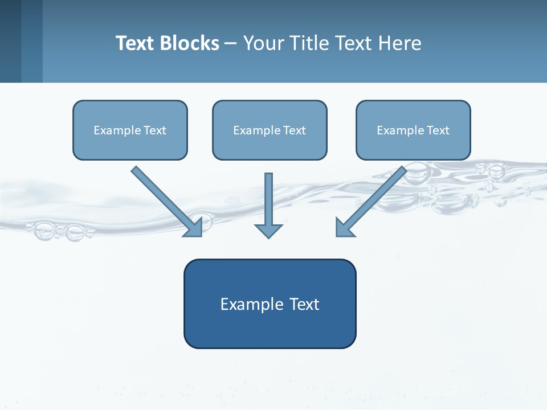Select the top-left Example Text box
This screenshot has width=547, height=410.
(130, 130)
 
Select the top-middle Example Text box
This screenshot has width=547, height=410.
(270, 130)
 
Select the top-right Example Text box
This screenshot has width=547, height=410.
(413, 130)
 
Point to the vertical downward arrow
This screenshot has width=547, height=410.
(268, 199)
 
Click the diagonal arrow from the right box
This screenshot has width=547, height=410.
(376, 196)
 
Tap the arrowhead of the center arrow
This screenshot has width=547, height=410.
(268, 231)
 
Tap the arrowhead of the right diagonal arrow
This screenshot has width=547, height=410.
(344, 228)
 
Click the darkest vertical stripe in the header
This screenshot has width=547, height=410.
(10, 41)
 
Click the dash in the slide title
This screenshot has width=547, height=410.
(231, 44)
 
